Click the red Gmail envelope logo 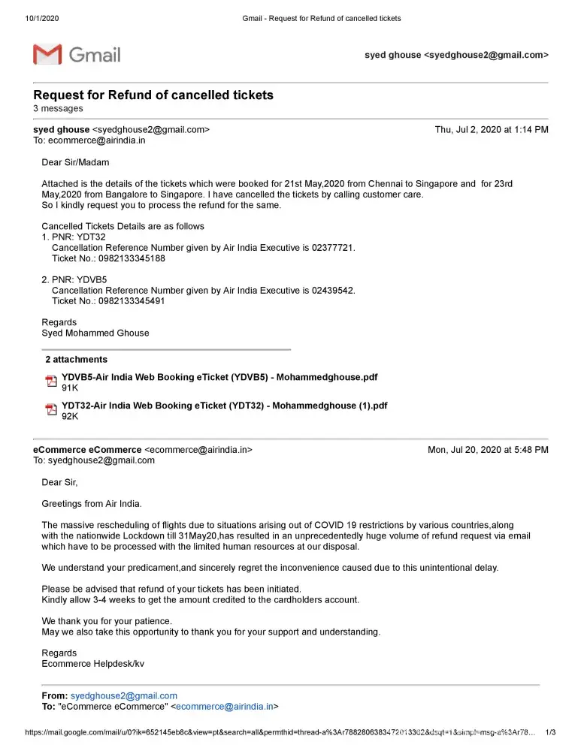47,54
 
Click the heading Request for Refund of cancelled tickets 153,95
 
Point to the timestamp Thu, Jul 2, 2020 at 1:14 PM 492,130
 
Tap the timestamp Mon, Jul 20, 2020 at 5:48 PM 488,450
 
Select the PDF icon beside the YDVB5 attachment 51,382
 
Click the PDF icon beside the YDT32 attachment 51,410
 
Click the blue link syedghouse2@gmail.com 123,696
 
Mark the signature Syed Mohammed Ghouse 95,333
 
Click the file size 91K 70,388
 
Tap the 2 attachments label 76,360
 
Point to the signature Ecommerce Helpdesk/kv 93,664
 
